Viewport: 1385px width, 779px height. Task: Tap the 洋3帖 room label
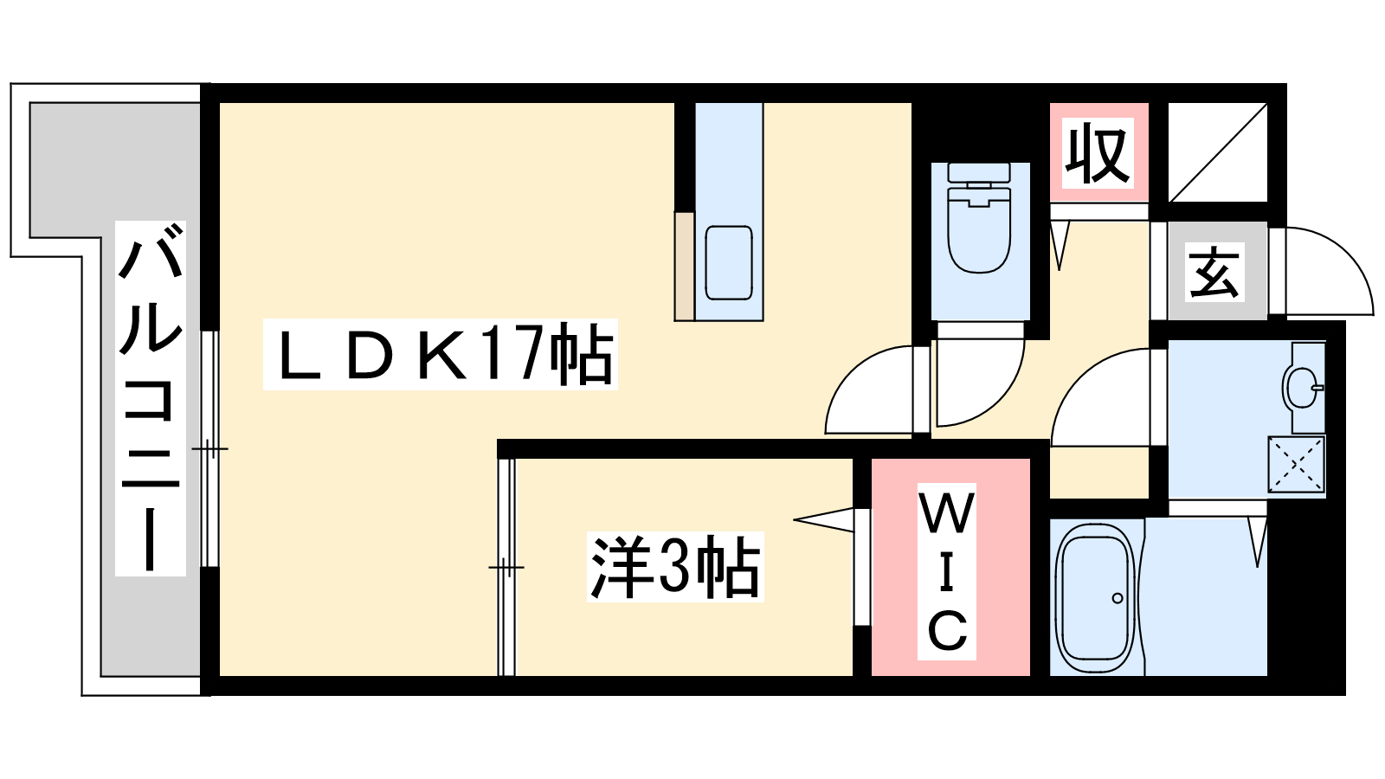[x=675, y=567]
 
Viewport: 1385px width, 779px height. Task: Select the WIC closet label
[x=947, y=571]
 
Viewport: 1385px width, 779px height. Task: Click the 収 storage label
[x=1098, y=153]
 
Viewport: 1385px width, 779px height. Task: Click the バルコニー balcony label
[x=151, y=398]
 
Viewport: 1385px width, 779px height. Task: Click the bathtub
[x=1095, y=597]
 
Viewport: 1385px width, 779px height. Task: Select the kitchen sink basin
[x=728, y=262]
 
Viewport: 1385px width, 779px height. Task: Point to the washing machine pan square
[x=1296, y=465]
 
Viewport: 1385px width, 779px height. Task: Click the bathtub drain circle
[x=1117, y=597]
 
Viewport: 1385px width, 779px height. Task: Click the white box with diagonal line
[x=1217, y=152]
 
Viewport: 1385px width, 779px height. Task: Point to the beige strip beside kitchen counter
[x=684, y=266]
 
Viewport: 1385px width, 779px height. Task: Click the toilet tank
[x=979, y=174]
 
